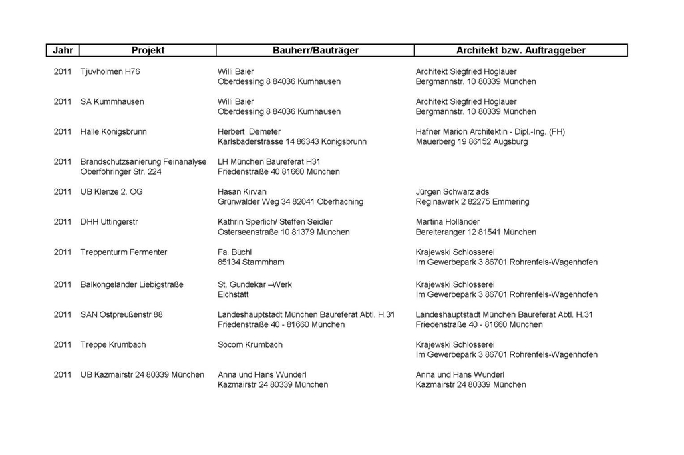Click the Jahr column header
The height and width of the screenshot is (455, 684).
[x=63, y=51]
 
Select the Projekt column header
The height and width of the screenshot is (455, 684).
[x=148, y=51]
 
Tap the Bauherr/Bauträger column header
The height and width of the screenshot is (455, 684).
[x=315, y=51]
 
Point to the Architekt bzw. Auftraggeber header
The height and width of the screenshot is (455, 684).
[x=520, y=51]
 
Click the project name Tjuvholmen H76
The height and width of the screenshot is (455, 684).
[x=110, y=71]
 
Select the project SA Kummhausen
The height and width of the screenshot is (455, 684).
[x=112, y=101]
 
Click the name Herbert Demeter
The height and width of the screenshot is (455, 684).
[x=249, y=131]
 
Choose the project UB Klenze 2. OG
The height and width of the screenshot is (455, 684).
[x=112, y=191]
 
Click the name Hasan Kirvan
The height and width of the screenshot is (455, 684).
[x=242, y=191]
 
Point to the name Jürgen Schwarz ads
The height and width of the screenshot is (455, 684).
[x=452, y=191]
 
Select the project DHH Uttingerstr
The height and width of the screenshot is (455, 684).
[x=109, y=221]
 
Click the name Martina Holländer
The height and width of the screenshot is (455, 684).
[x=448, y=221]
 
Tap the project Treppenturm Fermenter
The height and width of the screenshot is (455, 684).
[x=124, y=252]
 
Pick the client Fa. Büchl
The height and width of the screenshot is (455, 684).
[x=234, y=252]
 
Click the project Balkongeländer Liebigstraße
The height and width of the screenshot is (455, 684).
[x=132, y=284]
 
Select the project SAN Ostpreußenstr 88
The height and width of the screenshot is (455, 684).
[x=122, y=314]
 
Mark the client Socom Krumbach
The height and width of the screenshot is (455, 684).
[x=250, y=344]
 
